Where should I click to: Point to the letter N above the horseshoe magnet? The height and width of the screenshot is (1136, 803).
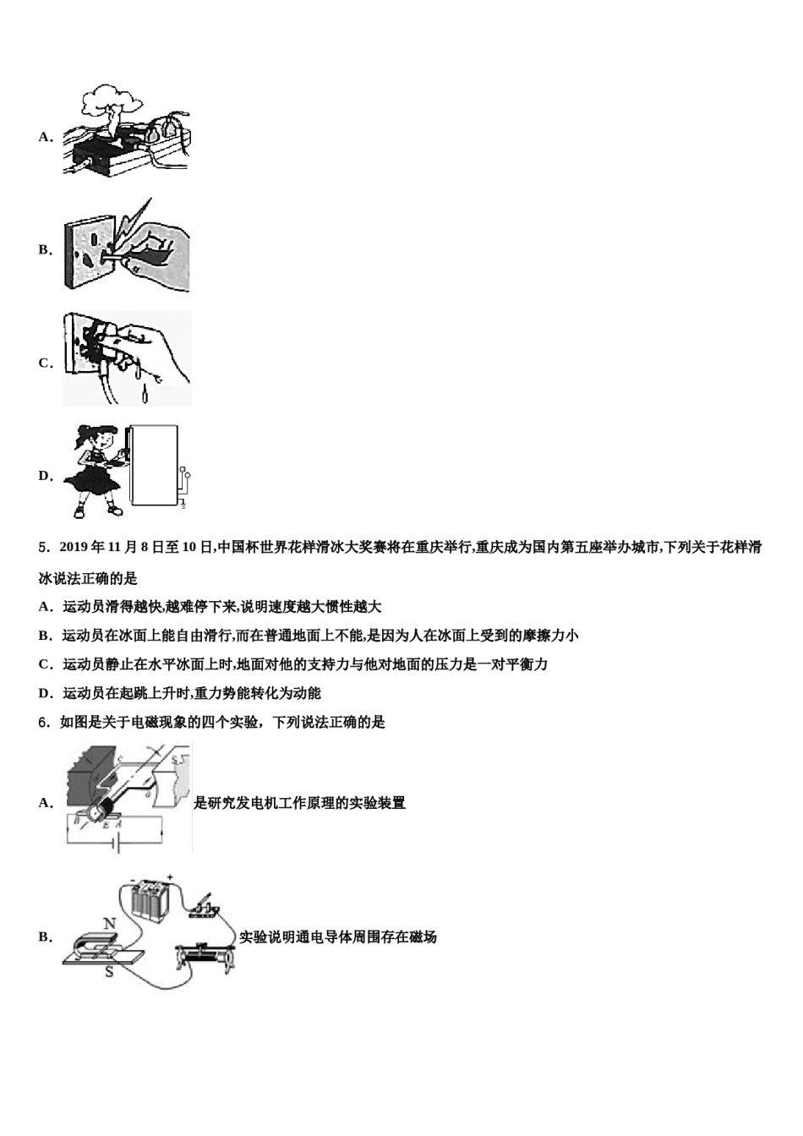click(x=109, y=924)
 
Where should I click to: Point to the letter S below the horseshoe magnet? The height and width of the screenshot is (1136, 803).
click(x=109, y=973)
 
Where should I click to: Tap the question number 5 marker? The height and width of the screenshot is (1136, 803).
click(x=43, y=548)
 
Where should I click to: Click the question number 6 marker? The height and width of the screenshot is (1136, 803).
click(x=43, y=723)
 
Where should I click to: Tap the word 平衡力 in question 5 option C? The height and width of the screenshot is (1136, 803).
click(x=526, y=664)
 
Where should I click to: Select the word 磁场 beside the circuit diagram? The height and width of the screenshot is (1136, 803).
click(x=422, y=937)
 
